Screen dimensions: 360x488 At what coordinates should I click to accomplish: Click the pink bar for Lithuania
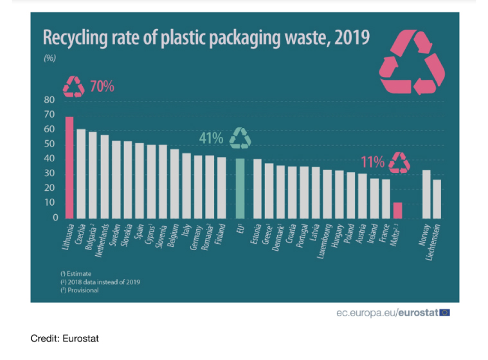pos(69,167)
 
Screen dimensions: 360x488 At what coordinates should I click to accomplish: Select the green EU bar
pos(240,188)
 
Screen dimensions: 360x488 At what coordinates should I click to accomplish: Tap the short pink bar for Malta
pos(397,210)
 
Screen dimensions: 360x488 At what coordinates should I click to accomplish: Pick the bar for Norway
pos(426,194)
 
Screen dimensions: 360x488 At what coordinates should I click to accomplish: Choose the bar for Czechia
pos(81,174)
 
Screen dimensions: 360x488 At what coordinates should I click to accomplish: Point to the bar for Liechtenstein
pos(437,199)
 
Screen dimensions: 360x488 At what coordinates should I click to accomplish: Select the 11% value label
pos(373,162)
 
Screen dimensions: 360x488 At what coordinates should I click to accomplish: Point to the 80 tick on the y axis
pos(50,100)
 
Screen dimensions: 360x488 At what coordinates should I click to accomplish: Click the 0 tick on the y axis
pos(54,218)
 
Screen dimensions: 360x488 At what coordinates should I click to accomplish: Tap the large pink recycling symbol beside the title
pos(412,62)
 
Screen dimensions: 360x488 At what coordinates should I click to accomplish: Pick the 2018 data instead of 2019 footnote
pos(100,282)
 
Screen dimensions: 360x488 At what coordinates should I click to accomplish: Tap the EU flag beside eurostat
pos(444,312)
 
